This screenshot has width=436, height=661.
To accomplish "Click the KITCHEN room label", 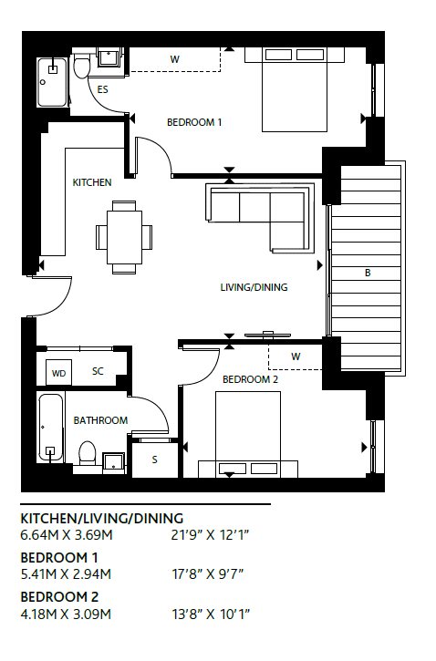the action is pos(92,182).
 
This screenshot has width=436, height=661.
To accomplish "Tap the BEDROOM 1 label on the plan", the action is pos(194,122).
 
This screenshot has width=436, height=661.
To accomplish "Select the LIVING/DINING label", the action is pos(254,287).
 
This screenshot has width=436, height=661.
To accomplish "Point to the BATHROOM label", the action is pos(100,420).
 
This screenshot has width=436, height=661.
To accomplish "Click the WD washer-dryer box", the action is pos(58,373).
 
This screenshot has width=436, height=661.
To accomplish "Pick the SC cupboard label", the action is pos(98,371).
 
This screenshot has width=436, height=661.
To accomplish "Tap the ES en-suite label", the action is pos(102,89).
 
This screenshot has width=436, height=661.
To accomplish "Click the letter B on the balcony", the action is pos(368,273).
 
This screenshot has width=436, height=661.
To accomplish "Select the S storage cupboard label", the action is pos(155,460).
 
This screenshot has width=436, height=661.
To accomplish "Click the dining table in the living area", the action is pos(124,237).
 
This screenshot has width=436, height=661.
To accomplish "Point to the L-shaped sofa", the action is pos(260,217).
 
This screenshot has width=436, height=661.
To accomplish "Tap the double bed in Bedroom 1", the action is pos(295,89).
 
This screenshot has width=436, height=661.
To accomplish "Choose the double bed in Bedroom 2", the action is pos(248,435).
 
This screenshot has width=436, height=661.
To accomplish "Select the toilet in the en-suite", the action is pos(81,66).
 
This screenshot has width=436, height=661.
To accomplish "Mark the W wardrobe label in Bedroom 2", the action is pos(296,356).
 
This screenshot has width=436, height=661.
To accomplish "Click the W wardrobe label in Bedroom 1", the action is pos(174,59).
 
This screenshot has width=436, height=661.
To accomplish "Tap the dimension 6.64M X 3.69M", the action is pos(67,535).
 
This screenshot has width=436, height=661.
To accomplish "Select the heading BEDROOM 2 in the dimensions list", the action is pos(59,596).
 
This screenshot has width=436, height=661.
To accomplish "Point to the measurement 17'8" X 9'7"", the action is pos(208,574).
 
